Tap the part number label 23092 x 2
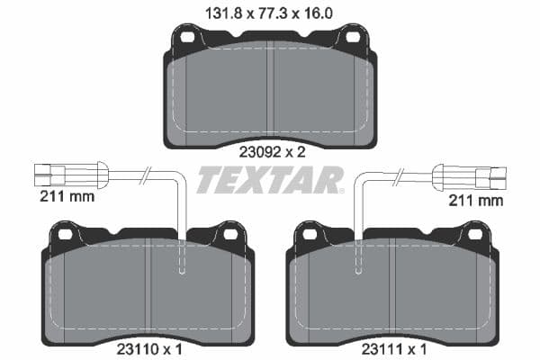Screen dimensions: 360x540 click(270, 152)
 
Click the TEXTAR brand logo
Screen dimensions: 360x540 click(270, 179)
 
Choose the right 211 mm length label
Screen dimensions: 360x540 click(476, 200)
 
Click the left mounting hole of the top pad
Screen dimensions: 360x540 click(187, 38)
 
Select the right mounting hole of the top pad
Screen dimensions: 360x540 click(352, 38)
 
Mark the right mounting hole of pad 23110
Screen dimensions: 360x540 click(229, 234)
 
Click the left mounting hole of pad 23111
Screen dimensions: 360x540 click(310, 234)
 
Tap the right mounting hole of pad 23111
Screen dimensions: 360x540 click(474, 234)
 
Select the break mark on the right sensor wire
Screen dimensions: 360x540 click(396, 173)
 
